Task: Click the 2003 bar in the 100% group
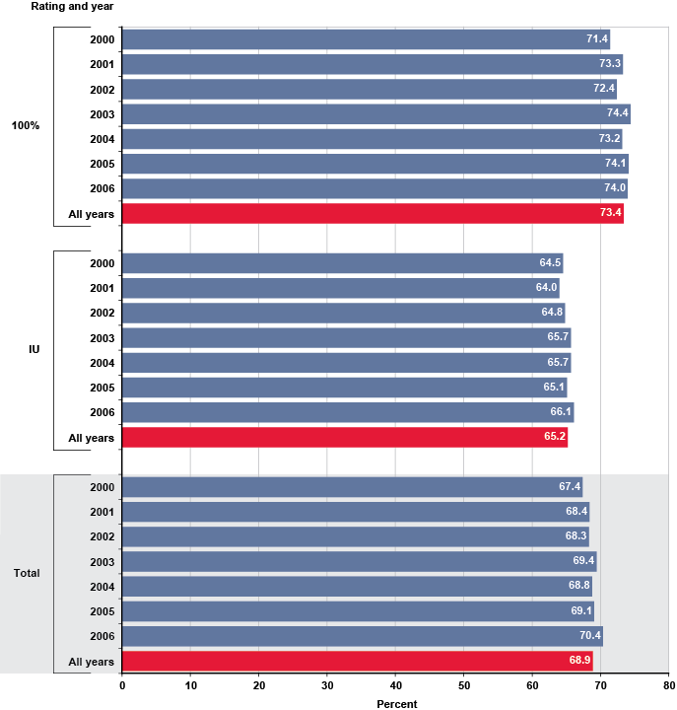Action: (374, 114)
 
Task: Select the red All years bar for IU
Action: (345, 437)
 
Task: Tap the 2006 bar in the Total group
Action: (361, 636)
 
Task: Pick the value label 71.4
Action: (596, 39)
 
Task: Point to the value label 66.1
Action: (560, 412)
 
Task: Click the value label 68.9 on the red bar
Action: (578, 661)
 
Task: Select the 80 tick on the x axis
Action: (668, 684)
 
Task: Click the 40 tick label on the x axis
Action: (395, 684)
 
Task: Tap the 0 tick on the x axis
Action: (122, 684)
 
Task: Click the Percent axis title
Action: (396, 703)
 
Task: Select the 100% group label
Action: (25, 126)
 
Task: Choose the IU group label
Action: (34, 349)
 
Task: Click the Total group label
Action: (27, 573)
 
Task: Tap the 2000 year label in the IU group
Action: (102, 263)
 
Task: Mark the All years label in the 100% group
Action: (91, 214)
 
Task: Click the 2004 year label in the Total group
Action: (102, 587)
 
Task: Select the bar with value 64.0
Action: (340, 288)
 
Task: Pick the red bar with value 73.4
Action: (372, 213)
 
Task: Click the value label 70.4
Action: (588, 636)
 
